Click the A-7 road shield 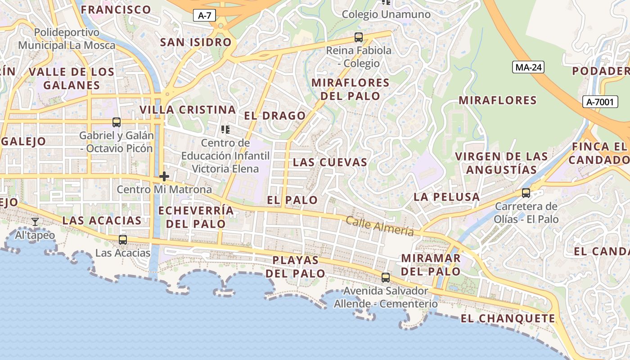205,16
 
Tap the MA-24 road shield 528,67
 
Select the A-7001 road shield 600,102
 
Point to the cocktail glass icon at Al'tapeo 35,222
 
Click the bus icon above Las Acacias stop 123,240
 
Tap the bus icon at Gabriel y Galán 117,122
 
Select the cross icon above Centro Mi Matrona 164,176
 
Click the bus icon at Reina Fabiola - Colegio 359,37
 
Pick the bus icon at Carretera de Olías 526,193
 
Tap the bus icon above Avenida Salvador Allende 386,278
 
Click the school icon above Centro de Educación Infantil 225,130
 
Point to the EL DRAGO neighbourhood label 275,116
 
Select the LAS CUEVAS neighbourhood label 330,162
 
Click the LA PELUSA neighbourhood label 446,197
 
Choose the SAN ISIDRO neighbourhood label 196,42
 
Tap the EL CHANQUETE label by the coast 508,319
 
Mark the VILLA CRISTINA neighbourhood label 188,110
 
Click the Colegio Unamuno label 386,14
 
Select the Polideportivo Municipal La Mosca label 67,39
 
